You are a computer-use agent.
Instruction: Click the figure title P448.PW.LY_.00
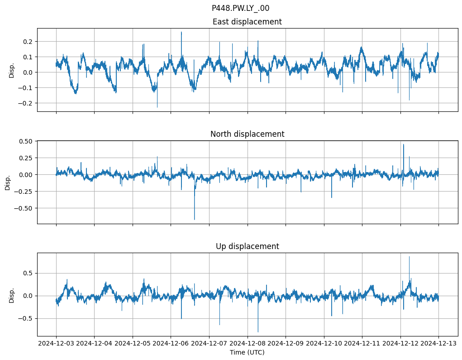coord(240,8)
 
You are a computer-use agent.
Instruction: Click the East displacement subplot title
coord(247,22)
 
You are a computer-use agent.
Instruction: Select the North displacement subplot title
coord(247,134)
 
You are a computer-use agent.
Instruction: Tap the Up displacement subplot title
coord(247,246)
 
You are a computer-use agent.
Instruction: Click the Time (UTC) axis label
coord(247,352)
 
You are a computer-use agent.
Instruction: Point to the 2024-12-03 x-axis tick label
coord(56,344)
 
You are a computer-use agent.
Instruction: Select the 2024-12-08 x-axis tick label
coord(248,344)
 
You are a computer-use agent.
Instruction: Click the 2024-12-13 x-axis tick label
coord(438,344)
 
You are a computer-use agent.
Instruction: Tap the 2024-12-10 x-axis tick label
coord(324,344)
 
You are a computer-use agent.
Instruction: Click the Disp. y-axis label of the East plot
coord(12,70)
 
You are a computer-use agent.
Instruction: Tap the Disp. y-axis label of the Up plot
coord(12,295)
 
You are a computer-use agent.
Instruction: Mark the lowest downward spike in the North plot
coord(195,220)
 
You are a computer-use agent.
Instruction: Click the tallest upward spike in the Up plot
coord(409,257)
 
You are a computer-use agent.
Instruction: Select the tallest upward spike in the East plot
coord(181,32)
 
